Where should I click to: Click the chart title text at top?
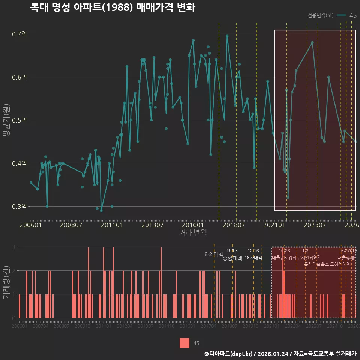[x=112, y=8]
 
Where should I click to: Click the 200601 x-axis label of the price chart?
[x=30, y=225]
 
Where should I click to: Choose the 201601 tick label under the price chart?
[x=193, y=225]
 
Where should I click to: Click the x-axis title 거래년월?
[x=193, y=233]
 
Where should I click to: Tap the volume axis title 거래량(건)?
[x=6, y=282]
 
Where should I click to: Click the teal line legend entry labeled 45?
[x=347, y=15]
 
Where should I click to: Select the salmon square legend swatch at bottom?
[x=184, y=343]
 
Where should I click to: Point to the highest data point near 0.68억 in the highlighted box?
[x=312, y=42]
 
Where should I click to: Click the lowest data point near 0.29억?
[x=101, y=211]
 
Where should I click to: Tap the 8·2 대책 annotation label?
[x=214, y=254]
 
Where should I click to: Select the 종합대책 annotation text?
[x=232, y=258]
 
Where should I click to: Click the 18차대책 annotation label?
[x=253, y=258]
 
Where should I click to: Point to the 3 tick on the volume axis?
[x=14, y=247]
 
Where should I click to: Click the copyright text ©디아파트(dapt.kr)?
[x=228, y=354]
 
